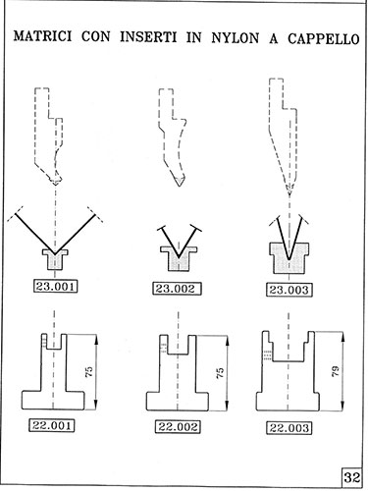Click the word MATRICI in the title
[x=42, y=36]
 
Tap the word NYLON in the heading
[x=236, y=38]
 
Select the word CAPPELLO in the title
[x=324, y=39]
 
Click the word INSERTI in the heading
[x=148, y=37]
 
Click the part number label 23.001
[x=56, y=287]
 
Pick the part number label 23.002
[x=177, y=289]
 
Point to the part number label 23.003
[x=289, y=290]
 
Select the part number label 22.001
[x=52, y=425]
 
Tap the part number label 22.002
[x=178, y=427]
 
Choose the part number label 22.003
[x=289, y=428]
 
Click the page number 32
[x=352, y=477]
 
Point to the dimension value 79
[x=336, y=371]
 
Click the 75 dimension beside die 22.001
[x=89, y=371]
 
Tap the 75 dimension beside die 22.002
[x=220, y=373]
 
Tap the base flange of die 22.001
[x=53, y=400]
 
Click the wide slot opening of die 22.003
[x=289, y=347]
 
